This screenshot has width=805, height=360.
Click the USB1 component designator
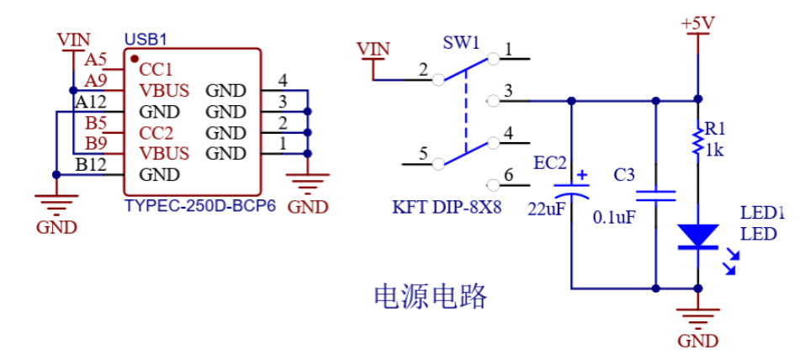[x=146, y=40]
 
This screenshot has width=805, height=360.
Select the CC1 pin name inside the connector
[x=156, y=69]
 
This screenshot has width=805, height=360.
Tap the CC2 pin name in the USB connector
[x=156, y=133]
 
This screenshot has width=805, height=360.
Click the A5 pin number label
[x=96, y=60]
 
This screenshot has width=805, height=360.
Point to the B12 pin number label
[x=91, y=165]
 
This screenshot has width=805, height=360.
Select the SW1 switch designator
[x=460, y=42]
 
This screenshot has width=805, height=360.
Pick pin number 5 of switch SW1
[x=423, y=154]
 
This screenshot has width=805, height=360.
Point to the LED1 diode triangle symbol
[x=697, y=236]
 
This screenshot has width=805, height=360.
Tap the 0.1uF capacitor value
[x=612, y=217]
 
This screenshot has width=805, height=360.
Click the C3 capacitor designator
[x=624, y=175]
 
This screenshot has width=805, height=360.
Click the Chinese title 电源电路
[x=430, y=295]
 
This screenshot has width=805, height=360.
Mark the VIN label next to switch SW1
[x=373, y=49]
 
